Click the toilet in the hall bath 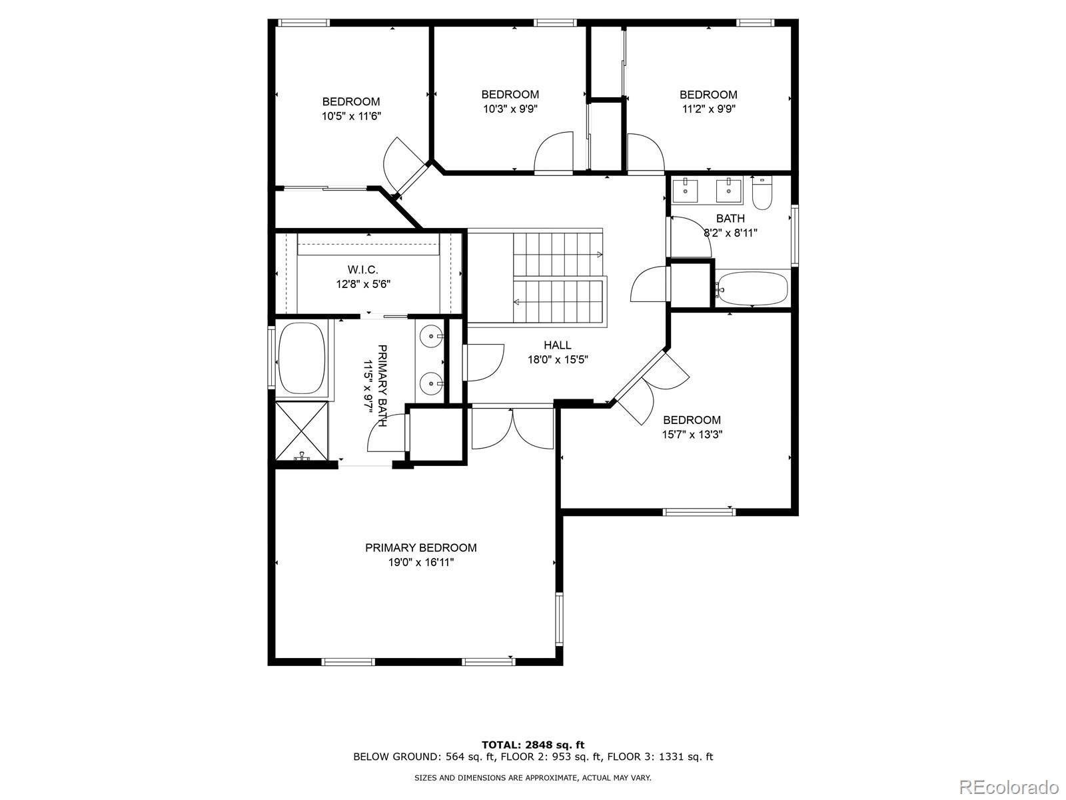tap(762, 193)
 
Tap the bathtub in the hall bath tap(752, 289)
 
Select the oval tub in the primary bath tap(302, 359)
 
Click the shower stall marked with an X tap(302, 431)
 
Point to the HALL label tap(558, 345)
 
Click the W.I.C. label tap(363, 269)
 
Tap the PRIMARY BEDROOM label tap(421, 548)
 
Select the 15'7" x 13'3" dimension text tap(692, 434)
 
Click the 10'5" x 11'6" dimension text tap(351, 116)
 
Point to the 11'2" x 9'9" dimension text tap(709, 109)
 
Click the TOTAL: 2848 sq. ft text tap(533, 745)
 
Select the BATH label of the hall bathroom tap(730, 219)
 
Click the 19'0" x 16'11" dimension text tap(421, 563)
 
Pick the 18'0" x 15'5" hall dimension tap(558, 360)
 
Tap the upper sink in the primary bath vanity tap(431, 335)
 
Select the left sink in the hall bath tap(686, 191)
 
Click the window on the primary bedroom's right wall tap(559, 619)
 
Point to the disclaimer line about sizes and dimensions tap(533, 777)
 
